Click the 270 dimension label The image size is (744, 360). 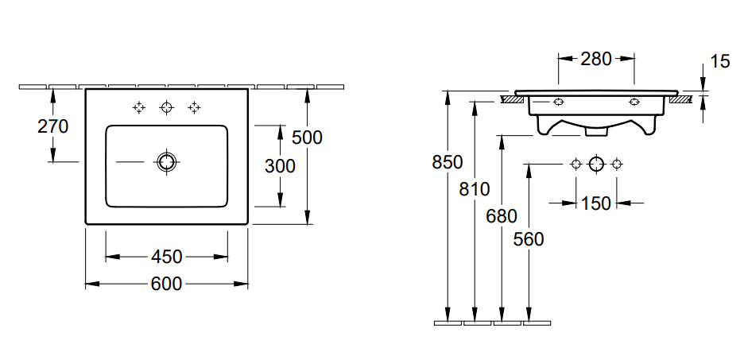click(x=53, y=126)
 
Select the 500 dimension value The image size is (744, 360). click(x=307, y=137)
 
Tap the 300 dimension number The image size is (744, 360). click(x=280, y=166)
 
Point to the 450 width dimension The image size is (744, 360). click(x=167, y=257)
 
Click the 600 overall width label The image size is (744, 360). click(x=167, y=285)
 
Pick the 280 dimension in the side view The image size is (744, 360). click(x=596, y=59)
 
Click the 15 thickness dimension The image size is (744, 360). click(x=720, y=61)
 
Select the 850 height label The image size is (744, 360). click(x=448, y=162)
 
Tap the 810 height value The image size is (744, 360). click(x=475, y=189)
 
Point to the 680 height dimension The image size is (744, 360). click(x=502, y=216)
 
